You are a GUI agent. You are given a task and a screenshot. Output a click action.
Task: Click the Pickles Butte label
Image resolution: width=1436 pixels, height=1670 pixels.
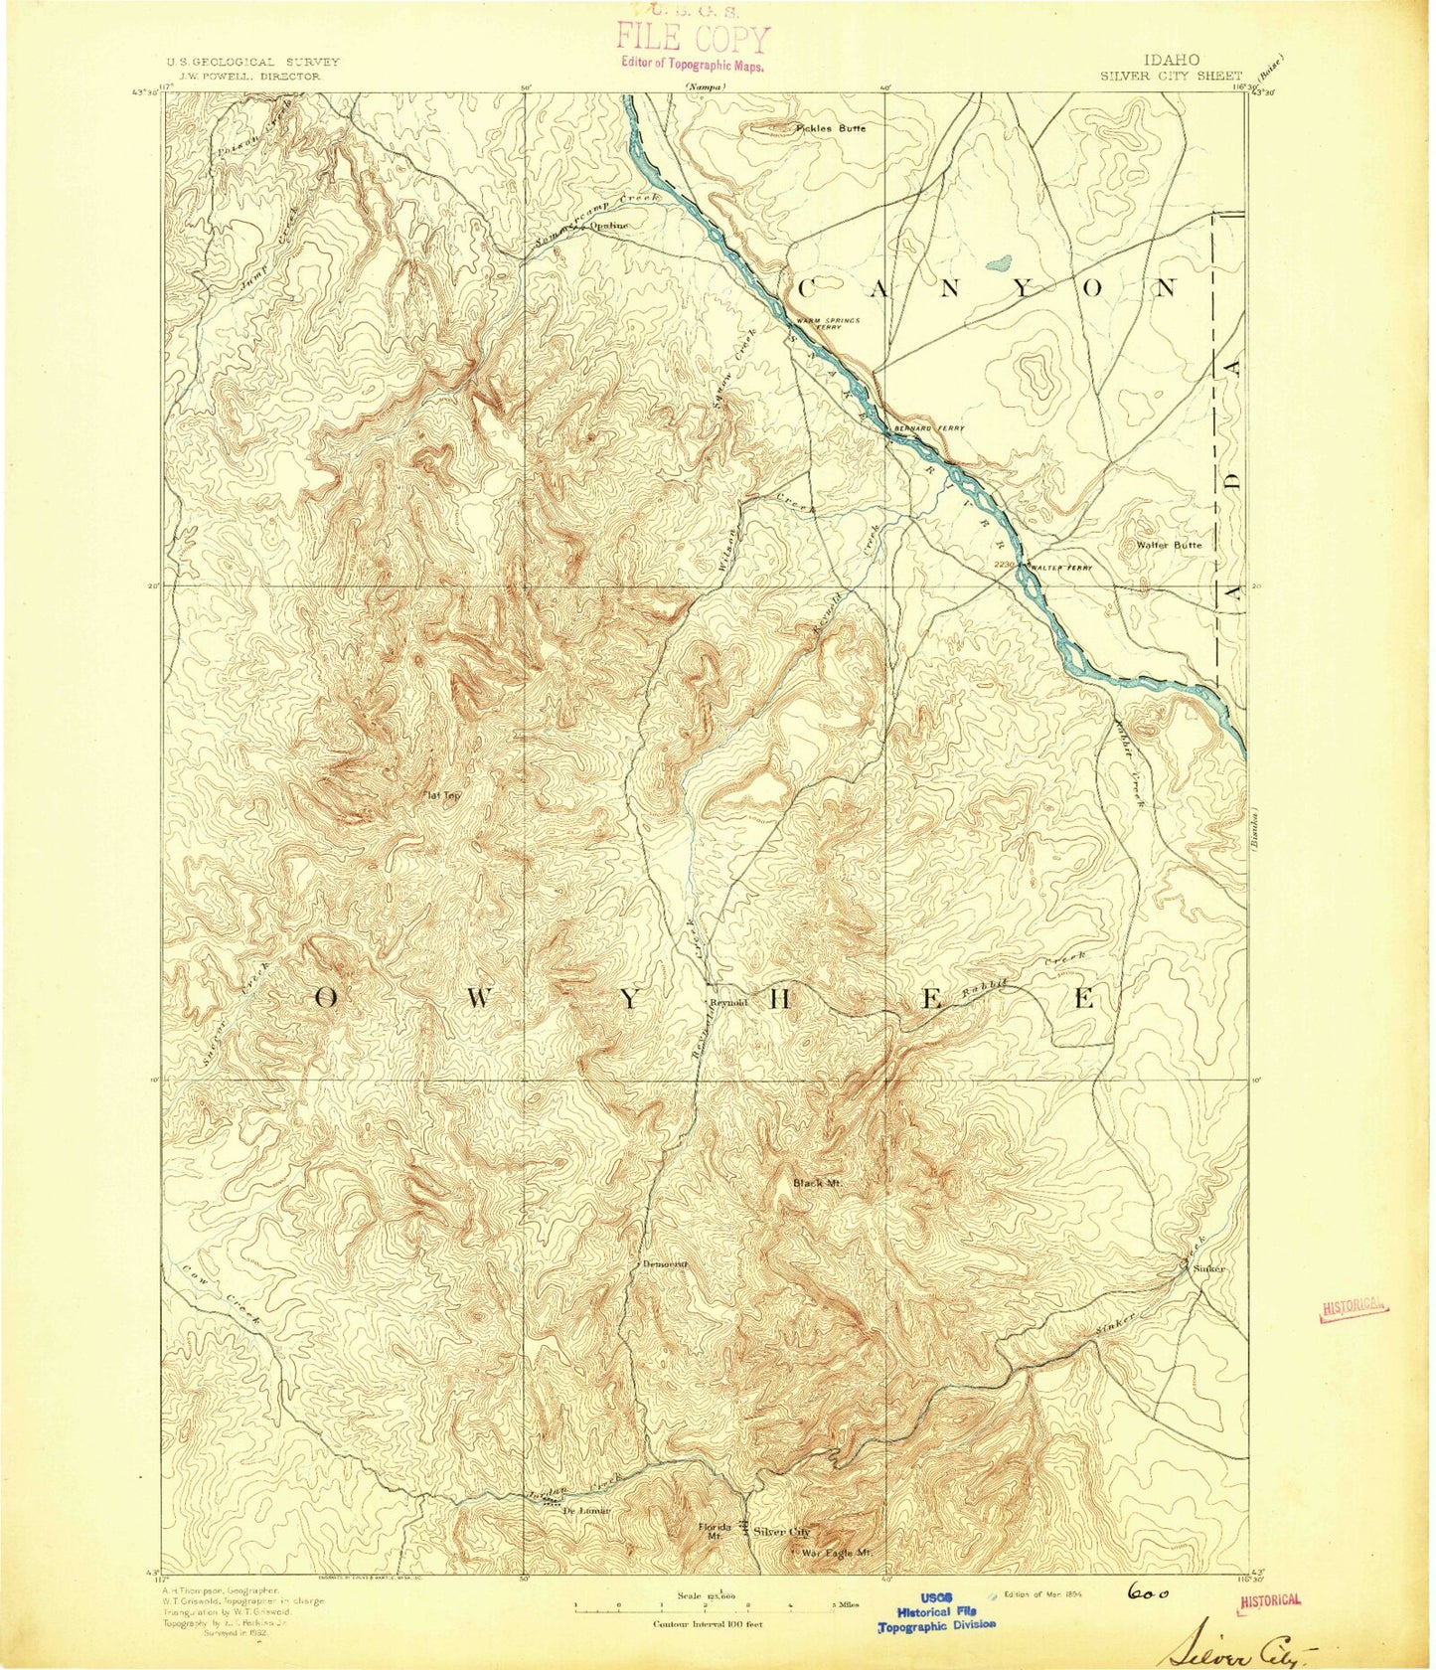pyautogui.click(x=831, y=128)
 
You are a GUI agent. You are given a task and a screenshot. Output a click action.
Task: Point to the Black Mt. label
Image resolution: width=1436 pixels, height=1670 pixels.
pyautogui.click(x=817, y=1183)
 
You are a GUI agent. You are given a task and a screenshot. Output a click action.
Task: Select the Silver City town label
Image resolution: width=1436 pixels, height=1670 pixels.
pyautogui.click(x=782, y=1531)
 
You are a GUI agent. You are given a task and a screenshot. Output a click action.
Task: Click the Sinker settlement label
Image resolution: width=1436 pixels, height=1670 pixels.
pyautogui.click(x=1208, y=1269)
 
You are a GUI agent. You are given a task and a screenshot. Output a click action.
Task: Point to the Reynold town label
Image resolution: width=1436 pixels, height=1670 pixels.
pyautogui.click(x=727, y=1002)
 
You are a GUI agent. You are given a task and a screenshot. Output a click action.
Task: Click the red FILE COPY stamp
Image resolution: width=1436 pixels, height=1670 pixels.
pyautogui.click(x=693, y=40)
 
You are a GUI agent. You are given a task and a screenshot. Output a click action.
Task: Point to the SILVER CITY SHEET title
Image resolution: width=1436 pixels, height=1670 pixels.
pyautogui.click(x=1171, y=76)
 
